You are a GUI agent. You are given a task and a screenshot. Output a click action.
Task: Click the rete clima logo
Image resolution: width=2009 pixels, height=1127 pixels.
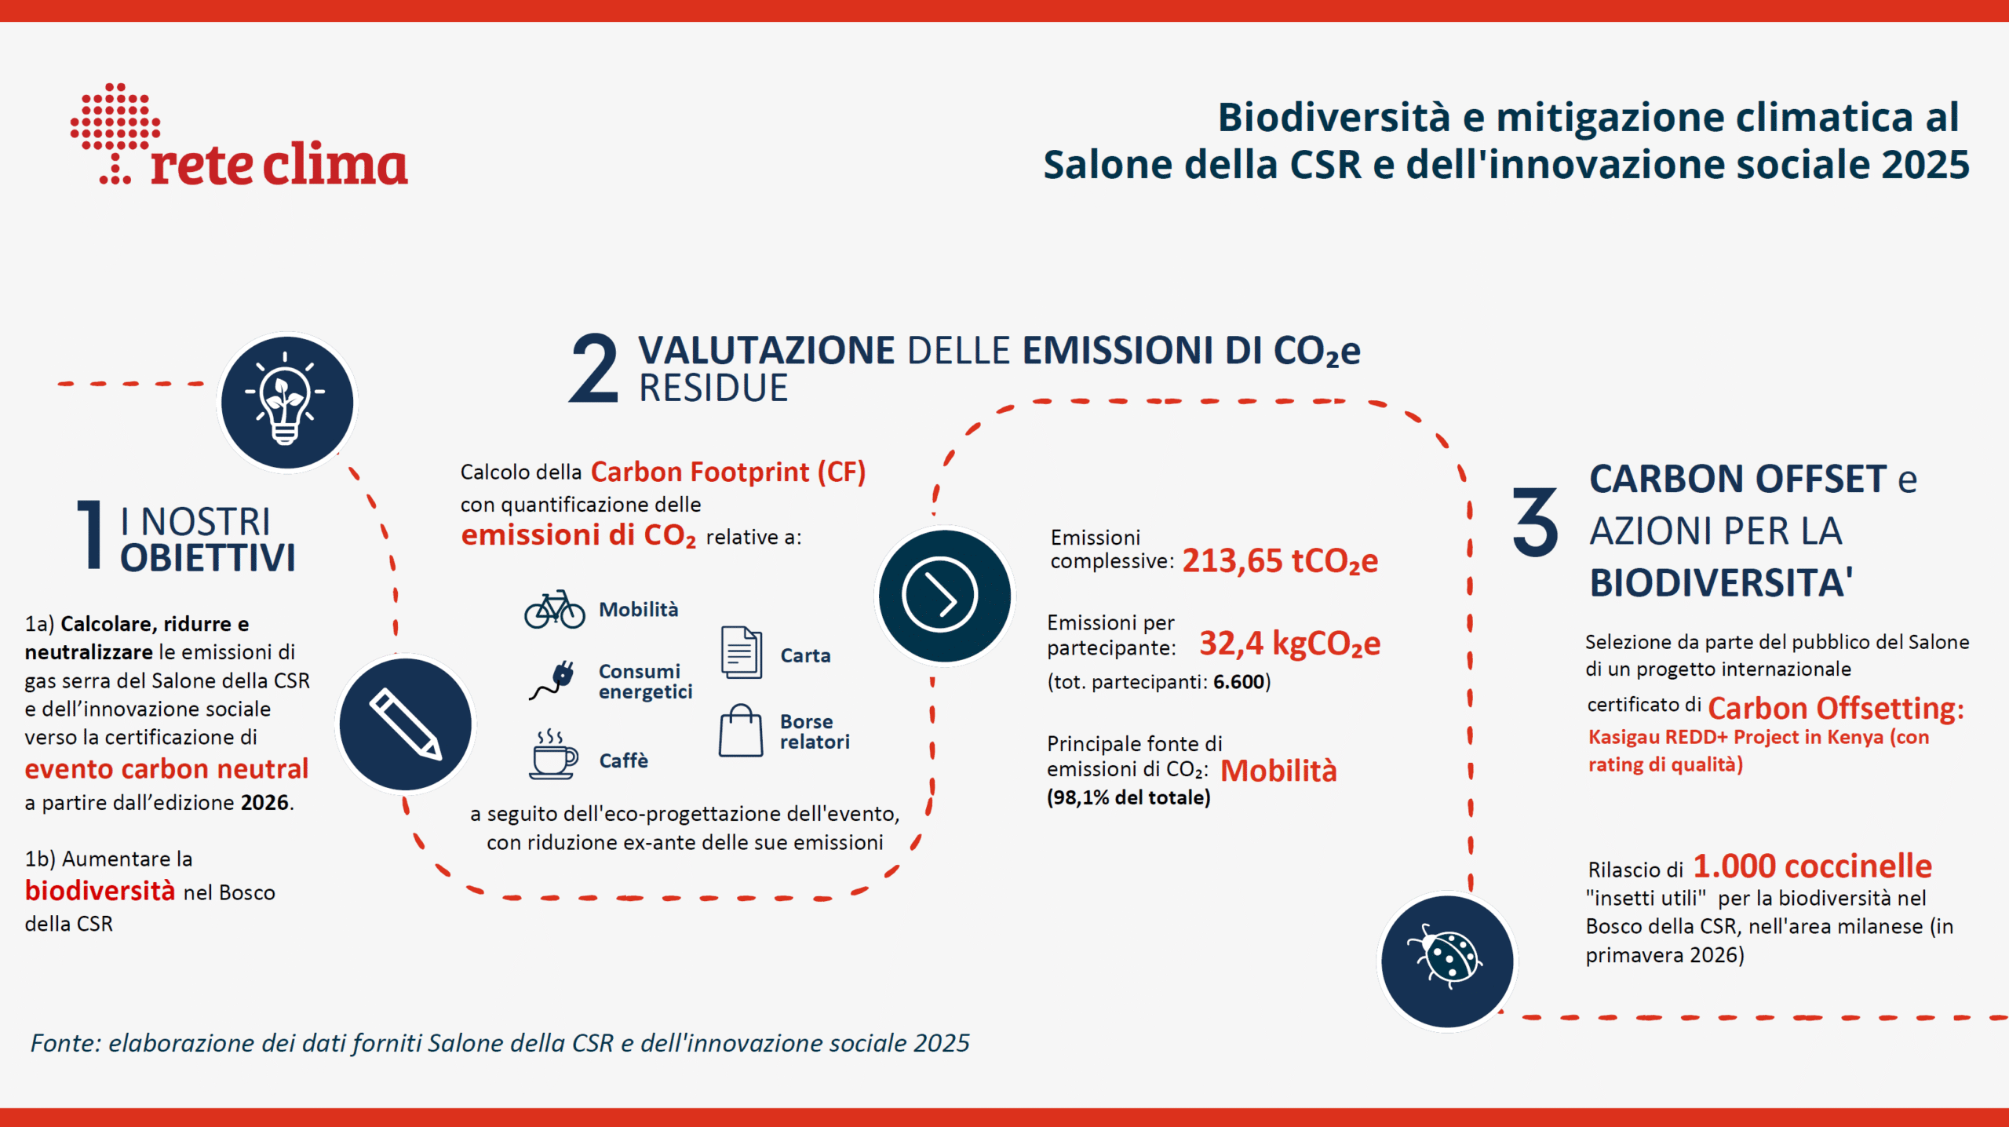239,134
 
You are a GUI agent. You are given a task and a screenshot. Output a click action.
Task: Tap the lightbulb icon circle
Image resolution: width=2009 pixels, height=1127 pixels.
286,403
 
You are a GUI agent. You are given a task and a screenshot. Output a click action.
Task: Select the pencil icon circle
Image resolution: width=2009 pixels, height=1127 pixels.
406,724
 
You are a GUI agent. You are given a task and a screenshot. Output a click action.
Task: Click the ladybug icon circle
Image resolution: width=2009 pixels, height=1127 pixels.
1447,961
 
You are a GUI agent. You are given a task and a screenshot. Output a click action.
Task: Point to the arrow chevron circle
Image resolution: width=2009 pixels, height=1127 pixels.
944,596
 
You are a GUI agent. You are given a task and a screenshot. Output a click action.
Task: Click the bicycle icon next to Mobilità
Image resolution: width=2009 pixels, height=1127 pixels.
555,609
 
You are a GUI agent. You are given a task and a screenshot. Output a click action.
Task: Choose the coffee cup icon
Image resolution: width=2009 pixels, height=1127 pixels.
553,754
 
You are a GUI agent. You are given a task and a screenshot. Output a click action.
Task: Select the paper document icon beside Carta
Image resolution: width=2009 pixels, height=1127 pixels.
741,652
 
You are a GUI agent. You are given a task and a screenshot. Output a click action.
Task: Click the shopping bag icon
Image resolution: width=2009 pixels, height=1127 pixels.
740,730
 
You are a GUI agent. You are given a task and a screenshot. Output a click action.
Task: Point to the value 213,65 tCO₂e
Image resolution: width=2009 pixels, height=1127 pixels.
1280,561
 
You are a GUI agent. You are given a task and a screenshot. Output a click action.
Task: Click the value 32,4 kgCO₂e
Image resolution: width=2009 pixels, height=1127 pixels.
1289,644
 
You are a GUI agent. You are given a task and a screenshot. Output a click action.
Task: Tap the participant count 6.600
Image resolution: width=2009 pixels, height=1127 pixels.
1238,681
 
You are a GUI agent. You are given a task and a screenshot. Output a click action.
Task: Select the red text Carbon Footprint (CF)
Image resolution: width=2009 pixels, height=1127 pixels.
727,472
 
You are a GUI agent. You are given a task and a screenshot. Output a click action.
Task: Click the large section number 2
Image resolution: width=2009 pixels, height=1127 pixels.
593,367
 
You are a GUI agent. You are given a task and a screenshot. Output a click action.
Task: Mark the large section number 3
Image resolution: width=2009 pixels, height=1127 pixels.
1535,522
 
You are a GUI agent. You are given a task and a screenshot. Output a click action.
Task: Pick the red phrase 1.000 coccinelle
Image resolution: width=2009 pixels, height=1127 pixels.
1812,866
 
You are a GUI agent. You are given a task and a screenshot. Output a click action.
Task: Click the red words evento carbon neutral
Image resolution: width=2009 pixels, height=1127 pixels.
166,768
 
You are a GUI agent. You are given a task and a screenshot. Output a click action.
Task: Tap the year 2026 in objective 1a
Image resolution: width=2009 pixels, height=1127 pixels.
264,802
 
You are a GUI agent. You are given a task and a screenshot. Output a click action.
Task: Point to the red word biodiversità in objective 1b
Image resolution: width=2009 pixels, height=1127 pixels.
100,891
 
